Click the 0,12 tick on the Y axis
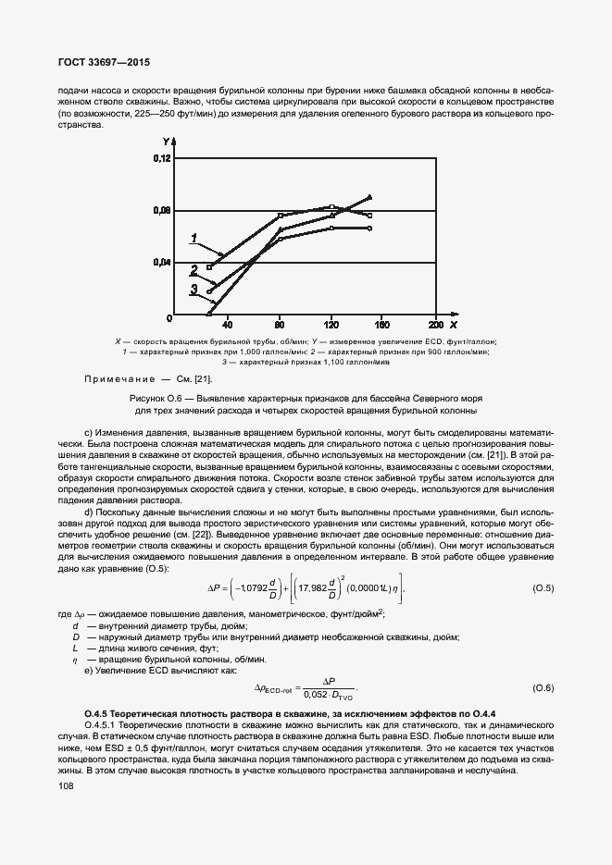point(162,159)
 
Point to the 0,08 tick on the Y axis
point(162,211)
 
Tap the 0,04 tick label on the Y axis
point(162,263)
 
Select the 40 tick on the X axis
point(228,325)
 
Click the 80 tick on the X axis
point(280,325)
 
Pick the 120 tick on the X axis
point(331,325)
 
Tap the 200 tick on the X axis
point(435,325)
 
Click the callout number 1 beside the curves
point(194,239)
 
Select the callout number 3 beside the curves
point(194,290)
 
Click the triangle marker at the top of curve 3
point(369,197)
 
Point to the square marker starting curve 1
point(209,266)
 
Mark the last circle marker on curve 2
point(369,228)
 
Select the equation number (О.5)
point(543,588)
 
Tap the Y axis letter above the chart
point(166,142)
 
